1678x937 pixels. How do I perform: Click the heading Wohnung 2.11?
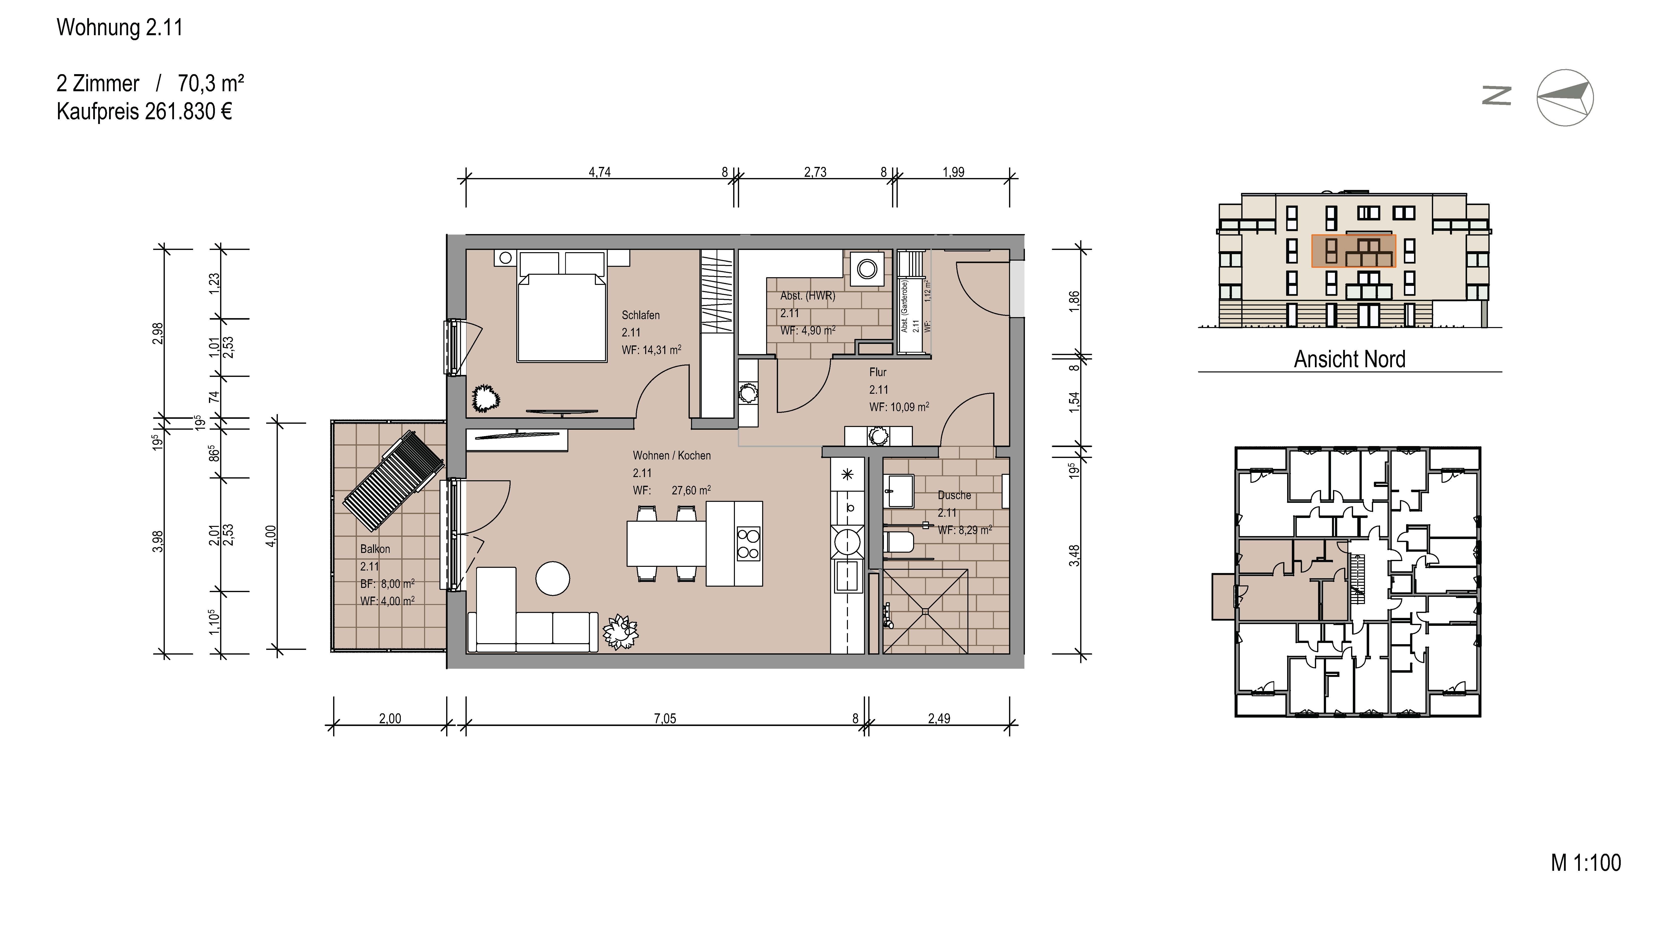120,27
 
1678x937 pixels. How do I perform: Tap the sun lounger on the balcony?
393,481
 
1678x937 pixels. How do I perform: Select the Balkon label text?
375,549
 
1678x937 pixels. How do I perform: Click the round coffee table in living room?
552,578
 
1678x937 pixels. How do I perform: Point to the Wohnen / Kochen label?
672,455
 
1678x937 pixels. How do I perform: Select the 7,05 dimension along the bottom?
665,719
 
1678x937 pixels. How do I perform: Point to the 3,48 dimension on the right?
1075,555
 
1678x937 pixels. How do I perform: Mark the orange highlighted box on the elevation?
1354,251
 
